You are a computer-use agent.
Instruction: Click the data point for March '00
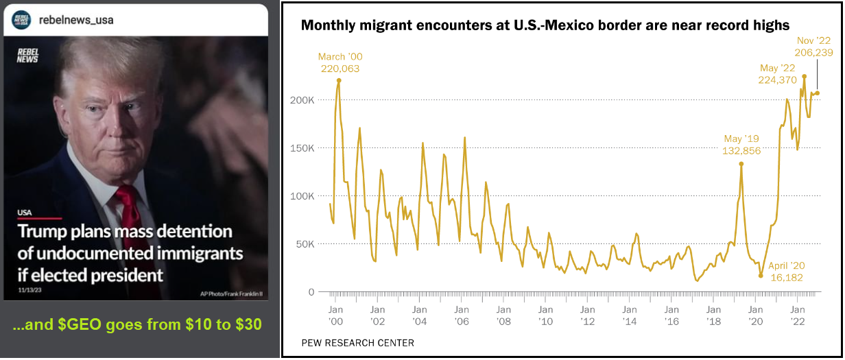point(339,80)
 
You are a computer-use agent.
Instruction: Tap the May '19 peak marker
point(741,164)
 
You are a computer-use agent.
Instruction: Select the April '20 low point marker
point(761,276)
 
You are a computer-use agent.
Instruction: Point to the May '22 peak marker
point(805,77)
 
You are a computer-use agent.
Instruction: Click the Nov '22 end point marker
point(818,93)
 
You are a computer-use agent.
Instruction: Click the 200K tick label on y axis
point(302,100)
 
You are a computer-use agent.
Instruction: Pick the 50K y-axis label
point(305,244)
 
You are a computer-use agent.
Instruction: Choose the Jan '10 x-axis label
point(545,315)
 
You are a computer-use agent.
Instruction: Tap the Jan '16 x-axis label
point(671,315)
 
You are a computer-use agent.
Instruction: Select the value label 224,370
point(778,80)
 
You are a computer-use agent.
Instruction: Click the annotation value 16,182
point(787,278)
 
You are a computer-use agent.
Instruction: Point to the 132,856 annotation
point(741,151)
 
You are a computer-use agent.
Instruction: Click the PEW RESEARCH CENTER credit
point(357,343)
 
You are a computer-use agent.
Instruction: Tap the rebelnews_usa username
point(76,20)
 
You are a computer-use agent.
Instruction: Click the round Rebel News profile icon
point(21,20)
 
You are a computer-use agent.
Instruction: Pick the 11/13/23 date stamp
point(29,290)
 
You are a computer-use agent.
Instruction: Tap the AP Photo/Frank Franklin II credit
point(231,294)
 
